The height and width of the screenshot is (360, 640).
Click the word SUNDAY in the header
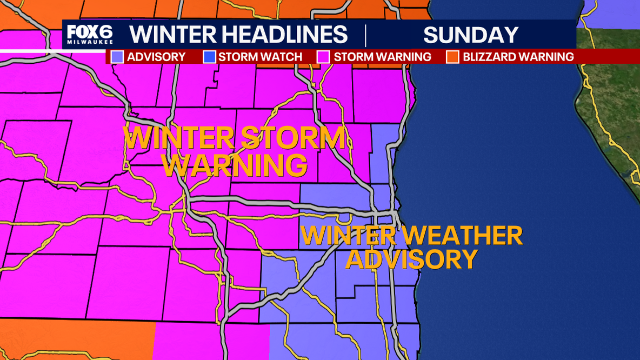click(x=470, y=35)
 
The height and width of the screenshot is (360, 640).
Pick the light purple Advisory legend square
click(x=117, y=57)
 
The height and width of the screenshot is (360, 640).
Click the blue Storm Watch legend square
click(x=209, y=57)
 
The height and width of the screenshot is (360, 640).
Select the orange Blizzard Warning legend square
click(x=452, y=57)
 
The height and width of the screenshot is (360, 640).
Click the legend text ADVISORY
click(x=156, y=57)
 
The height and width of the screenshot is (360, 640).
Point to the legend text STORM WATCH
click(x=260, y=57)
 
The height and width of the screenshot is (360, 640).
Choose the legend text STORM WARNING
click(x=382, y=57)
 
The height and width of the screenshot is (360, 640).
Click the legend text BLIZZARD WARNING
click(x=518, y=57)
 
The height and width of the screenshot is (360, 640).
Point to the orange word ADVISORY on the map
click(x=411, y=259)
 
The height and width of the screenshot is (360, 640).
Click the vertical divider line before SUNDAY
click(x=366, y=35)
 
